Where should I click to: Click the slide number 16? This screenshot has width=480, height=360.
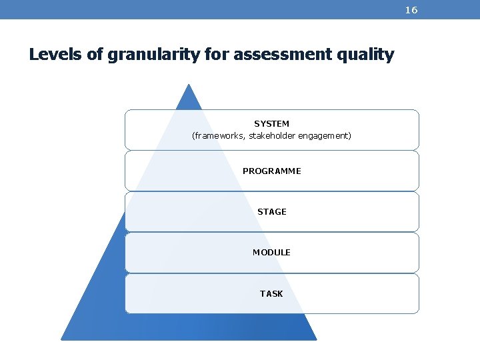point(411,10)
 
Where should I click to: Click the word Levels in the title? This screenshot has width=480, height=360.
point(56,55)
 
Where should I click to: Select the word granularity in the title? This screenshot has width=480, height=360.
point(153,55)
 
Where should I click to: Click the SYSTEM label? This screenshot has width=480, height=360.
point(271,124)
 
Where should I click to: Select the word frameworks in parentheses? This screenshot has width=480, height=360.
point(217,136)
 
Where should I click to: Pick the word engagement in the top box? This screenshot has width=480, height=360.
point(327,136)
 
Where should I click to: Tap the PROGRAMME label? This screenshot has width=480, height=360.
point(271,171)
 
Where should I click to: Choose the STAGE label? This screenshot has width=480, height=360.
point(271,212)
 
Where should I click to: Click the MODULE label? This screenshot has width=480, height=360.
point(271,253)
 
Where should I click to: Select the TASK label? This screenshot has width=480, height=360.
point(271,294)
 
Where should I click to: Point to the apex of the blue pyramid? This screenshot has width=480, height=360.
point(189,85)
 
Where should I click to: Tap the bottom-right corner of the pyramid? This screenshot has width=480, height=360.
point(315,339)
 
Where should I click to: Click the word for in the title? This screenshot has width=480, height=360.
point(213,55)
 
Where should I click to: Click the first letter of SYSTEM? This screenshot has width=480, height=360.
point(257,124)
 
